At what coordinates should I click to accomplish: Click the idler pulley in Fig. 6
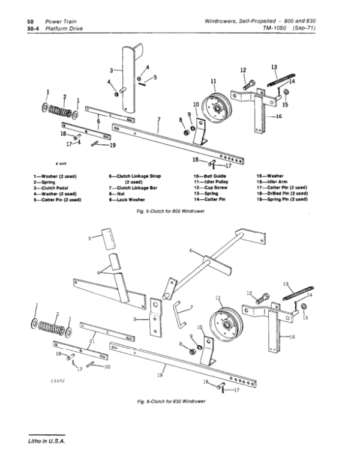pyautogui.click(x=226, y=324)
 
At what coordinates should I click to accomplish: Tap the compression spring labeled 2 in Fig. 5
pyautogui.click(x=60, y=112)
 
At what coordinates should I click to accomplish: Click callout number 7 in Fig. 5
pyautogui.click(x=159, y=120)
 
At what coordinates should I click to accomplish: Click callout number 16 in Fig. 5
pyautogui.click(x=278, y=116)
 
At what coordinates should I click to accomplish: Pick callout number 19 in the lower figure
pyautogui.click(x=160, y=375)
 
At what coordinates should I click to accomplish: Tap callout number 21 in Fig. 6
pyautogui.click(x=92, y=341)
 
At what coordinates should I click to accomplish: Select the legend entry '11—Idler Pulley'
pyautogui.click(x=211, y=181)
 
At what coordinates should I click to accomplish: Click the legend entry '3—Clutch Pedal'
pyautogui.click(x=51, y=188)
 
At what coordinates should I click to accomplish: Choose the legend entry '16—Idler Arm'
pyautogui.click(x=272, y=181)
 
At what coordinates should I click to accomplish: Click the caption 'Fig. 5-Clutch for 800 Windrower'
pyautogui.click(x=170, y=211)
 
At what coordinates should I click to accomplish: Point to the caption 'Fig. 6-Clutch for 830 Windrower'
pyautogui.click(x=171, y=401)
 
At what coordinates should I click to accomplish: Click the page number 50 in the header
pyautogui.click(x=30, y=22)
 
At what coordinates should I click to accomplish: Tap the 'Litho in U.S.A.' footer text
pyautogui.click(x=47, y=441)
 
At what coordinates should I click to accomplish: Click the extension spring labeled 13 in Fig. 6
pyautogui.click(x=298, y=293)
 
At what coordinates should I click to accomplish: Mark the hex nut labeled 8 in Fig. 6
pyautogui.click(x=193, y=352)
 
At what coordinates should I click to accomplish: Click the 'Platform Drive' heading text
pyautogui.click(x=64, y=29)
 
